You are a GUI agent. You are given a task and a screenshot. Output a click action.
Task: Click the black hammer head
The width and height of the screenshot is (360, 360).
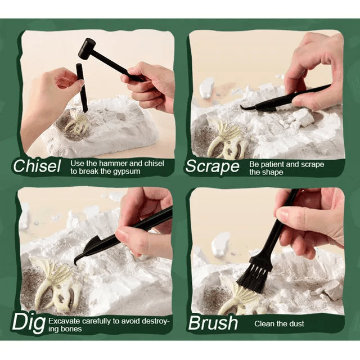coord(87,50)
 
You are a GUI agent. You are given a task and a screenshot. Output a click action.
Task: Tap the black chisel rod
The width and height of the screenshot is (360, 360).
coord(82,88)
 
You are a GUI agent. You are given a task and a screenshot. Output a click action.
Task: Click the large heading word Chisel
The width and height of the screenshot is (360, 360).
coord(37,166)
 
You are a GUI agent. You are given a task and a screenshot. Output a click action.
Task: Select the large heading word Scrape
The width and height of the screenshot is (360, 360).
coord(213,166)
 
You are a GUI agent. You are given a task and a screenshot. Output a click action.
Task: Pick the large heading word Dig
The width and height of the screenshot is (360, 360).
coord(29,323)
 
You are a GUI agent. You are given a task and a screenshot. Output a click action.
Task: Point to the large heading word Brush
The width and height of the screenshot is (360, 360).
coord(213,323)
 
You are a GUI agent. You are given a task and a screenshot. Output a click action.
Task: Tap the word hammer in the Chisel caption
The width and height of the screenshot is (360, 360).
coord(113,164)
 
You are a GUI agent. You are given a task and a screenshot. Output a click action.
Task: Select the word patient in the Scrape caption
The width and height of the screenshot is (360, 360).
coord(273,164)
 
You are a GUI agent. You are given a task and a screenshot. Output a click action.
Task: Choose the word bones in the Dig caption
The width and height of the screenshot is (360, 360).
coord(71,329)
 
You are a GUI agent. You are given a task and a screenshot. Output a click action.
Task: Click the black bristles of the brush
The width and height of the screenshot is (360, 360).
coord(254,278)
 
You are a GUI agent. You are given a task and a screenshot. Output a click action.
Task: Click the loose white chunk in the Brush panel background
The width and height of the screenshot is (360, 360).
coord(220,244)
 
